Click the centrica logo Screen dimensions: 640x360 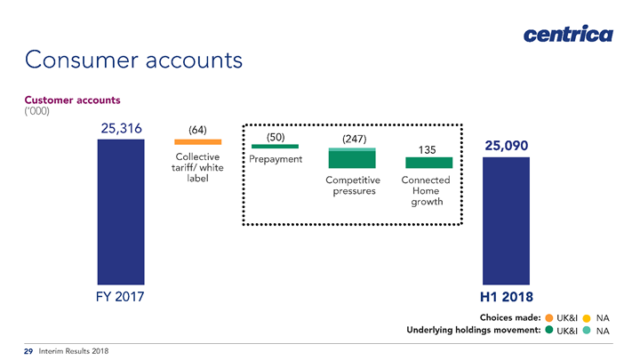[568, 34]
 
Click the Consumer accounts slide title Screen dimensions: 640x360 [133, 60]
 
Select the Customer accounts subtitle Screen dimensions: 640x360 [72, 100]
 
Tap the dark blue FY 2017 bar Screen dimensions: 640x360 [121, 212]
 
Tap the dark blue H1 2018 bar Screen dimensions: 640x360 [506, 220]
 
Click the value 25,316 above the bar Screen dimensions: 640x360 [121, 129]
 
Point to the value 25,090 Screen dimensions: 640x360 [506, 146]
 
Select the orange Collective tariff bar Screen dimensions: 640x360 [198, 142]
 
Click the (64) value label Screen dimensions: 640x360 [197, 130]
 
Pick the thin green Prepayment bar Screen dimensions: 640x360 [275, 146]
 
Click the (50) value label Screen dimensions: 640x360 [276, 137]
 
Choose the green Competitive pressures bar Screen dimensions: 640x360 [352, 158]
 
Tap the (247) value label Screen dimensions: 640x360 [355, 139]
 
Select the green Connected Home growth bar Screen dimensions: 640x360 [429, 163]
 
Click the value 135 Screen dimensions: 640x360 [427, 150]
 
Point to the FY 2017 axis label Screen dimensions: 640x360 [120, 297]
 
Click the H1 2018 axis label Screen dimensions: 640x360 [506, 297]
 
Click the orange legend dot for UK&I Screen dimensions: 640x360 [549, 318]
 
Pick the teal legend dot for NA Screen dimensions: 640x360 [587, 330]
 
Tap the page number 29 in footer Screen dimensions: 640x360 [28, 351]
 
